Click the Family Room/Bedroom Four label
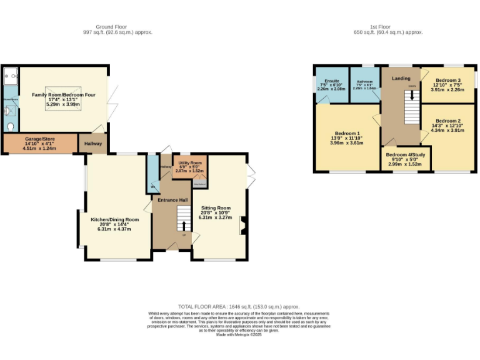click(64, 94)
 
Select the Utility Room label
click(191, 162)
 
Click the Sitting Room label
click(215, 208)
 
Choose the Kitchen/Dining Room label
click(114, 220)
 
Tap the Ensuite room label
click(331, 81)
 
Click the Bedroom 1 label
click(348, 133)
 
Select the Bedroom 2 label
click(448, 121)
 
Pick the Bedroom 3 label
click(448, 81)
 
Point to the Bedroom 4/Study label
click(404, 155)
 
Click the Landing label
click(401, 78)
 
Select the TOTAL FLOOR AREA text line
click(239, 307)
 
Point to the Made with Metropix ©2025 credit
click(239, 336)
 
